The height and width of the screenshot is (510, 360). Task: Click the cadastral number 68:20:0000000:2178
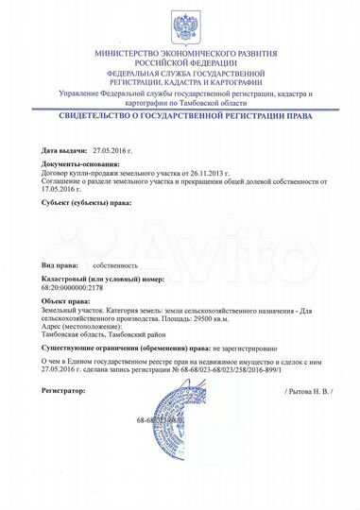coord(78,289)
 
